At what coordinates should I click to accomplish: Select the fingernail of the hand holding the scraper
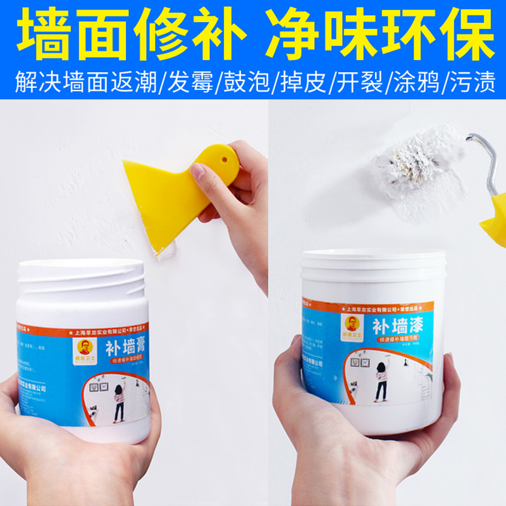click(198, 171)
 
